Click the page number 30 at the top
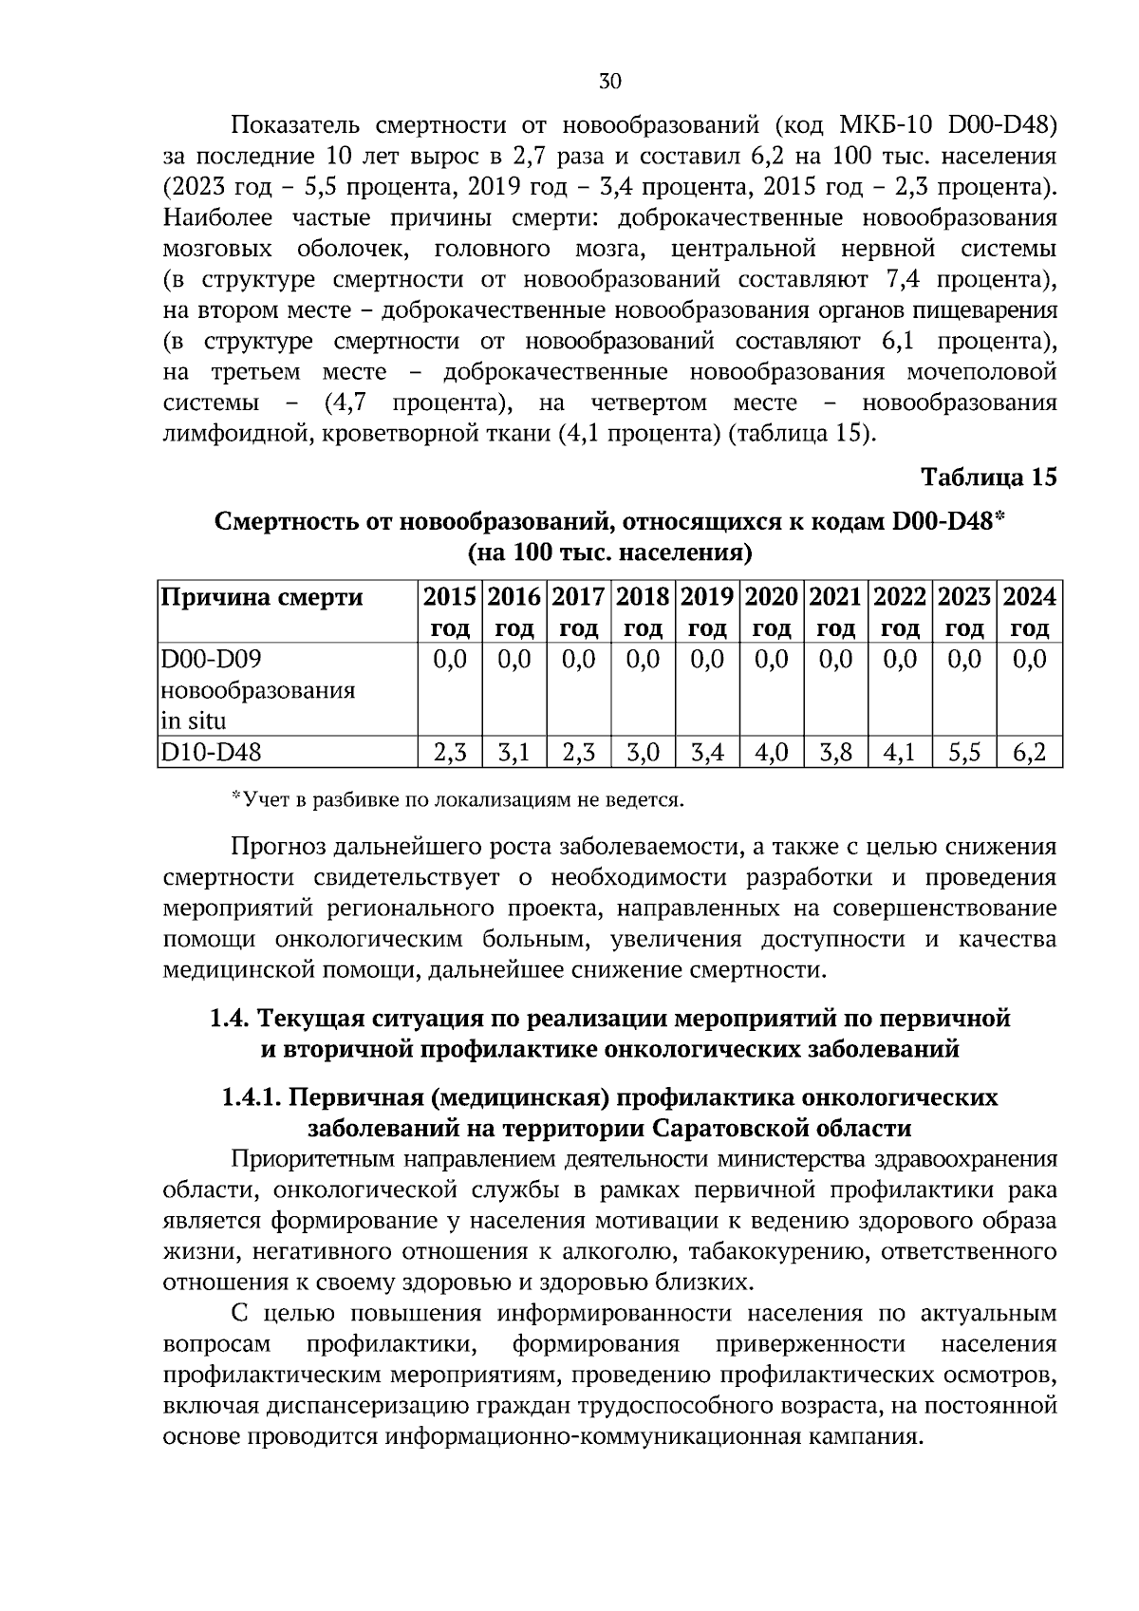[x=609, y=82]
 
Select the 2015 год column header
[x=450, y=612]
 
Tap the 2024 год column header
[x=1030, y=612]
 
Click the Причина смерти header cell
[x=262, y=597]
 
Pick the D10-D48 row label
[x=211, y=753]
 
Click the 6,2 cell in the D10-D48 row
[x=1030, y=753]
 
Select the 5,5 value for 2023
[x=965, y=753]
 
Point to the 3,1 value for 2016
[x=513, y=753]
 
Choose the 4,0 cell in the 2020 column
[x=772, y=753]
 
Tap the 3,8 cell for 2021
[x=835, y=753]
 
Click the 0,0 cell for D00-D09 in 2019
[x=707, y=659]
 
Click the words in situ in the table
[x=195, y=721]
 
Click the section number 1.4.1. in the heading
[x=252, y=1097]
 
